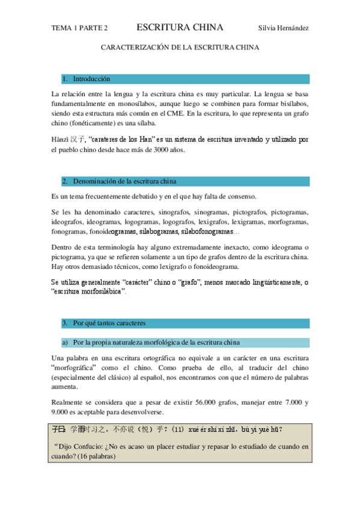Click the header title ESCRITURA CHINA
point(180,28)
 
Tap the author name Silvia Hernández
point(283,28)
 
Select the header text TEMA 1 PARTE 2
point(80,28)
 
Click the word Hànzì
point(60,140)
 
